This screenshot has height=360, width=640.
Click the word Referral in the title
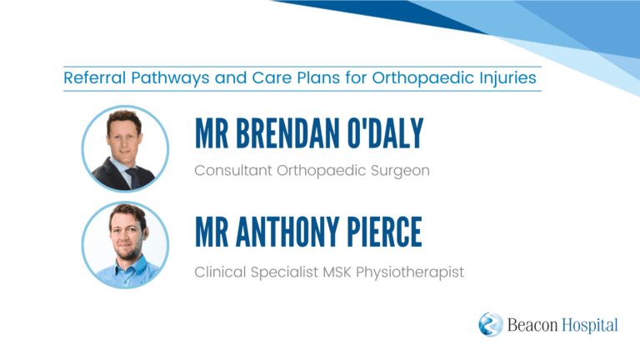[95, 77]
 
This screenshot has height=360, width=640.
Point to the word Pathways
[170, 78]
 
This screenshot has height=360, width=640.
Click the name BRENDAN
[287, 133]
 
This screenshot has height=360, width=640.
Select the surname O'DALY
[385, 133]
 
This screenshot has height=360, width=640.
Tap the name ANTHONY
[287, 232]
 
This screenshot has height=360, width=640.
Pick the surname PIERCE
[384, 232]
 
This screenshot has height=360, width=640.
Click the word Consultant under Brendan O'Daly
[233, 170]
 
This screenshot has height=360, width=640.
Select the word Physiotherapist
[410, 272]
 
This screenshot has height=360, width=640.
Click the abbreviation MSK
[337, 272]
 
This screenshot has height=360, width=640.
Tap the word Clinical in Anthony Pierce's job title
[220, 272]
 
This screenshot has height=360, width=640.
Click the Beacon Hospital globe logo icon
[491, 324]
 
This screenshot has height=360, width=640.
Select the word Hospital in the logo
[590, 326]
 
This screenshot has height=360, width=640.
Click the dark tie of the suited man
[133, 178]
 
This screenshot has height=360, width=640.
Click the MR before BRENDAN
[212, 133]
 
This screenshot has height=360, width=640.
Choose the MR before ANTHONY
[212, 232]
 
